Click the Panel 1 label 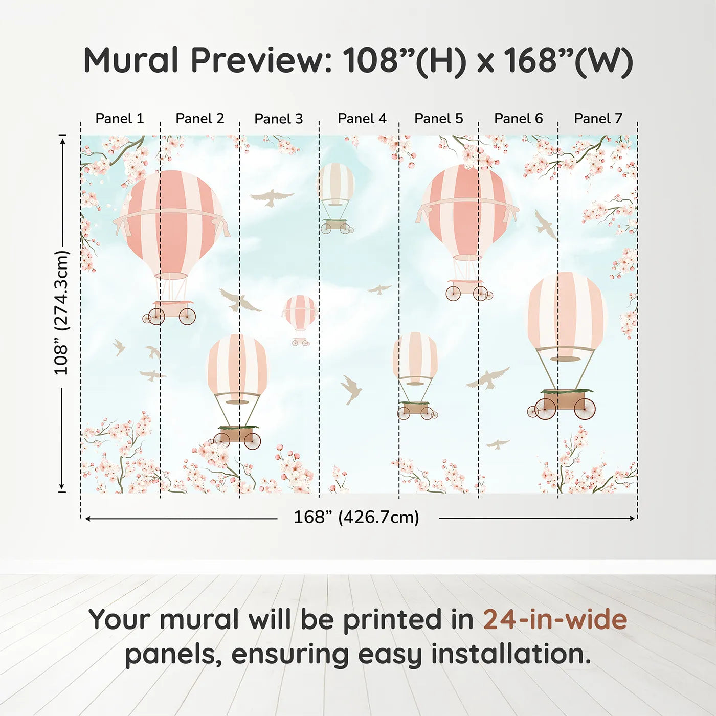120,119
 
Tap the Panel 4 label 362,119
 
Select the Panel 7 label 598,119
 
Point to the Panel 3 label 279,119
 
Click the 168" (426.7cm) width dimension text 356,518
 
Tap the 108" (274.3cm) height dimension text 61,312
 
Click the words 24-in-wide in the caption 555,620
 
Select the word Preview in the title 261,60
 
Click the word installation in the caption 510,654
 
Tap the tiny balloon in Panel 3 299,313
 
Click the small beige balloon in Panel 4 335,184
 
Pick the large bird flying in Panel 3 272,197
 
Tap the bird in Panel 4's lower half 351,389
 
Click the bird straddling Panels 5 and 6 488,378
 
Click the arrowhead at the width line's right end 633,519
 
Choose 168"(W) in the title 568,60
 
